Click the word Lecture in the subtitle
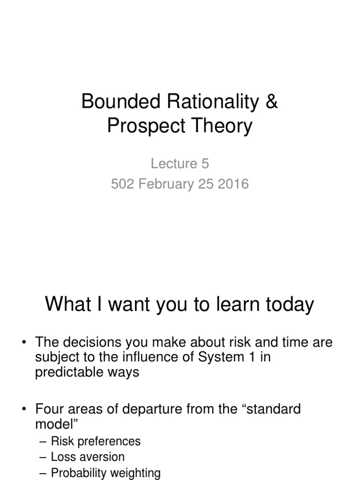click(x=167, y=163)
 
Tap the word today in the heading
click(x=289, y=305)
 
